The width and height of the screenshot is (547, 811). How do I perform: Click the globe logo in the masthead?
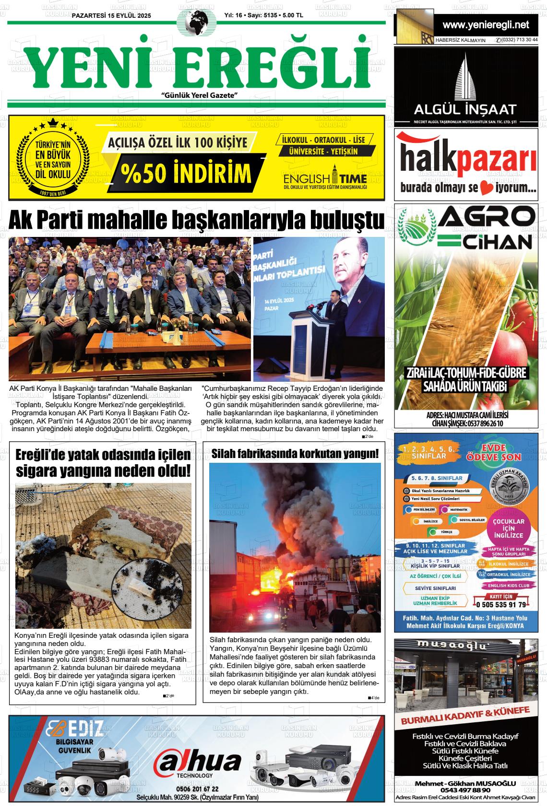pyautogui.click(x=197, y=23)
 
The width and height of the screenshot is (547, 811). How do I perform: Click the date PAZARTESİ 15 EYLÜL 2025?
pyautogui.click(x=111, y=16)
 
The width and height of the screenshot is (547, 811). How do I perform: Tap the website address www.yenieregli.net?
pyautogui.click(x=486, y=24)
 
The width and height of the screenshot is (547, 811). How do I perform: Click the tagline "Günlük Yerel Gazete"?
pyautogui.click(x=200, y=95)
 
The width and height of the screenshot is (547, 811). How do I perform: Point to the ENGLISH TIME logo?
pyautogui.click(x=324, y=179)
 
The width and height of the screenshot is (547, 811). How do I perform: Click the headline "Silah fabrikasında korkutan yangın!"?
pyautogui.click(x=295, y=453)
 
